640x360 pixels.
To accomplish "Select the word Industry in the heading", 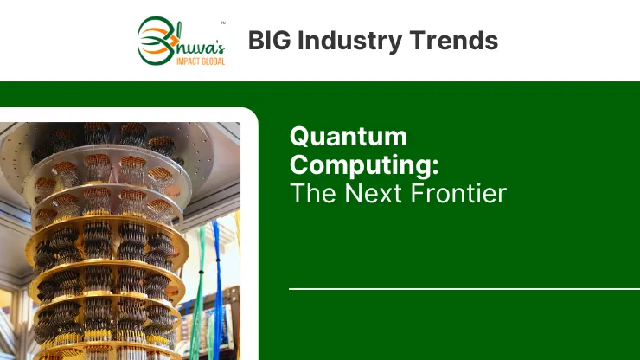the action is click(x=350, y=42).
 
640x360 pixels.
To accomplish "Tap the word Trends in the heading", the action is click(x=453, y=41).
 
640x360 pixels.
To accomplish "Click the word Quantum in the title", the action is click(x=349, y=137).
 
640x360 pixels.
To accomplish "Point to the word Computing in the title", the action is click(x=361, y=165).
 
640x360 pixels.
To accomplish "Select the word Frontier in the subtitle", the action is click(x=458, y=193).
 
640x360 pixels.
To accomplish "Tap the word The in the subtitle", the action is click(x=313, y=193).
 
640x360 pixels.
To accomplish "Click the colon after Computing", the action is click(x=435, y=166).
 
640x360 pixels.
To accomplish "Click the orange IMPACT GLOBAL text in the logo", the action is click(x=201, y=61).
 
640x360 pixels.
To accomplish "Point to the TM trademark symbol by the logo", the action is click(x=223, y=22).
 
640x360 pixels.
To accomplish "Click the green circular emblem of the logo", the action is click(x=156, y=41).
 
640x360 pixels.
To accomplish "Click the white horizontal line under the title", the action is click(x=464, y=289).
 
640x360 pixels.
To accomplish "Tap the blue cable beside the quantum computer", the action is click(x=216, y=286).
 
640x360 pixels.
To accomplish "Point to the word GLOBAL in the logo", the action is click(x=213, y=61).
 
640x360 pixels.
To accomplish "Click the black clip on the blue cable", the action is click(x=218, y=260).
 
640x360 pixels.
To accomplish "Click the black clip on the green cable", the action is click(x=201, y=272).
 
